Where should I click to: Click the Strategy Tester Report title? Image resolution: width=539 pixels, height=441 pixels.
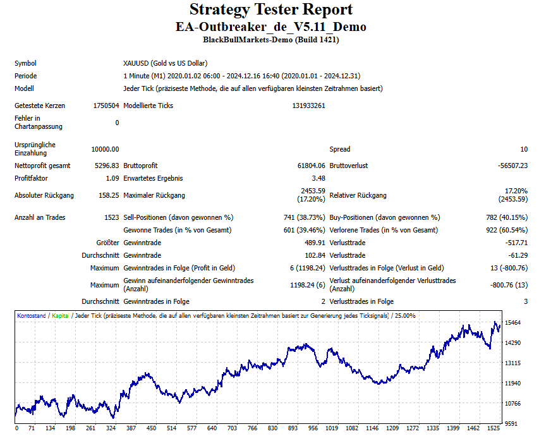click(x=270, y=10)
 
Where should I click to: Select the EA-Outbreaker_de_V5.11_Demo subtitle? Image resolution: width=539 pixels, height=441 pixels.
click(x=270, y=27)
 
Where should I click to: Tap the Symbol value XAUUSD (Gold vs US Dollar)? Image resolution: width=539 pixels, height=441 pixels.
click(x=165, y=63)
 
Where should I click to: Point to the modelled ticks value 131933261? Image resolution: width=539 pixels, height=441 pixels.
click(x=309, y=106)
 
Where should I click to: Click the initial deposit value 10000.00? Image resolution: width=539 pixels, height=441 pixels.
click(x=105, y=149)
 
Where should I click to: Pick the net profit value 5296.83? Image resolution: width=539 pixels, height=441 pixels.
click(x=107, y=166)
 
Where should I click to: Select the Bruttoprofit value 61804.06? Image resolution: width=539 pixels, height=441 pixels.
click(x=312, y=166)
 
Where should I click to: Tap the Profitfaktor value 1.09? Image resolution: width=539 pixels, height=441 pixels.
click(x=112, y=178)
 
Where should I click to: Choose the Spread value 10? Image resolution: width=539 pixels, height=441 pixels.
click(x=524, y=149)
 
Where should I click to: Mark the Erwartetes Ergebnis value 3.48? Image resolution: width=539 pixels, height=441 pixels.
click(x=318, y=178)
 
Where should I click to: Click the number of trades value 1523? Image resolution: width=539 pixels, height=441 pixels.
click(x=111, y=217)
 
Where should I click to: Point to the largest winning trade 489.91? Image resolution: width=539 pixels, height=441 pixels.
click(x=315, y=243)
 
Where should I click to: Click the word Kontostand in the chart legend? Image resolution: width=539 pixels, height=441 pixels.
click(x=32, y=315)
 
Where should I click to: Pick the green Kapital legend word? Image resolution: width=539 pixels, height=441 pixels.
click(x=61, y=315)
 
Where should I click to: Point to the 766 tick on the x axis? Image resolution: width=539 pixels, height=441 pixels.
click(x=252, y=428)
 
